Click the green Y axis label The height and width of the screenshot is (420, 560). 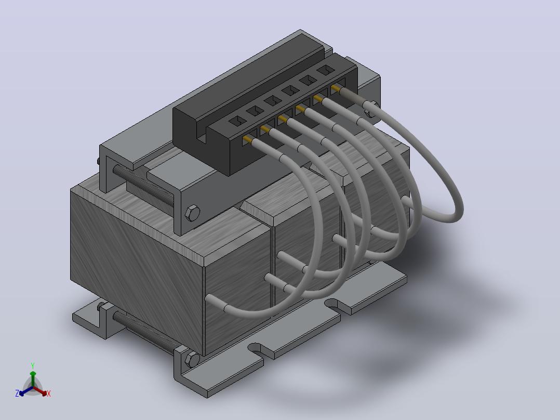[33, 365]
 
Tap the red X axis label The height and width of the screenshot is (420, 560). [49, 393]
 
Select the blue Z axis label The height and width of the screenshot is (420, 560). [17, 393]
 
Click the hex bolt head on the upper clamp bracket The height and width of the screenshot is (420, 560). [192, 213]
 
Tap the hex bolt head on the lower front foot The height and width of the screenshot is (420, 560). [192, 360]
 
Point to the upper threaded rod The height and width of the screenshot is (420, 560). [143, 186]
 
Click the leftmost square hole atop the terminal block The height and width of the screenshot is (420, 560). [237, 121]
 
